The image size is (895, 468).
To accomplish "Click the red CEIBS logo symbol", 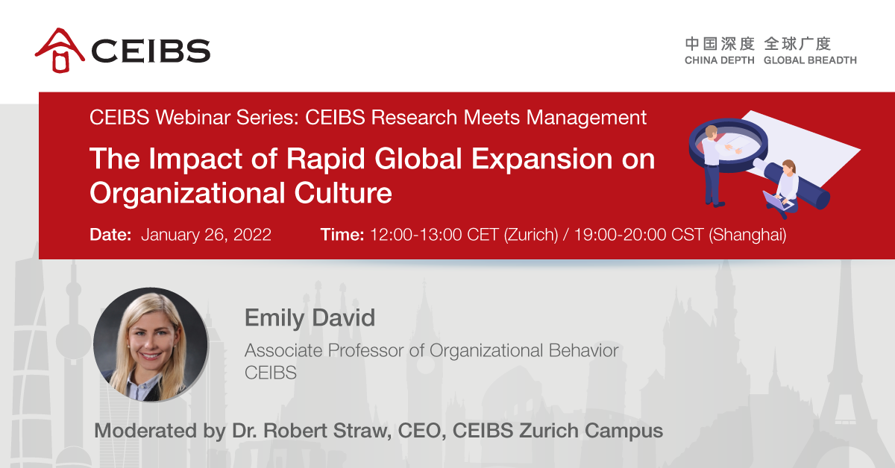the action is click(x=60, y=51).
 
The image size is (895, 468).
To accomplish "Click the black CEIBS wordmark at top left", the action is click(x=151, y=51).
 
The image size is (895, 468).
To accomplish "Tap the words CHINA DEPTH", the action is click(x=719, y=60).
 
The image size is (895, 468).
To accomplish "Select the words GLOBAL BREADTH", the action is click(x=810, y=60).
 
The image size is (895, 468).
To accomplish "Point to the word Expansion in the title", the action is click(x=541, y=159).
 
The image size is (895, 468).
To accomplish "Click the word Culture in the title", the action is click(x=343, y=193).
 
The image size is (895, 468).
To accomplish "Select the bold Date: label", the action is click(x=110, y=235).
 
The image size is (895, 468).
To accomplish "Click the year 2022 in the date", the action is click(x=252, y=235).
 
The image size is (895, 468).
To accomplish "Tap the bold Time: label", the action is click(x=342, y=235).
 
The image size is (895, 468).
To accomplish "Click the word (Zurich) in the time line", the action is click(x=530, y=235).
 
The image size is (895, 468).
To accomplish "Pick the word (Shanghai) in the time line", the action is click(x=747, y=235).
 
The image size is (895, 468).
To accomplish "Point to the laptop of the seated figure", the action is click(x=777, y=201).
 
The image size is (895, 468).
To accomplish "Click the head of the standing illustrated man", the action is click(x=711, y=131).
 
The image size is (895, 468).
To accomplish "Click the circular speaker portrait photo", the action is click(x=151, y=344).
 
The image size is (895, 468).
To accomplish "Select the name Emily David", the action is click(x=310, y=318).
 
